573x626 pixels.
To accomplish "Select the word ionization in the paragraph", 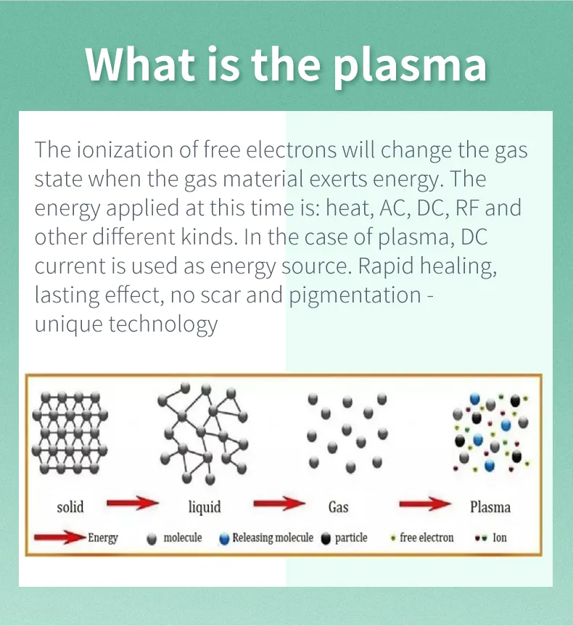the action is (125, 150).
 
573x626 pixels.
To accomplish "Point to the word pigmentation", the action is (355, 296).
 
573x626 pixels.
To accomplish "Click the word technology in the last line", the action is (163, 324).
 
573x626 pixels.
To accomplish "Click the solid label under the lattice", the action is (70, 507).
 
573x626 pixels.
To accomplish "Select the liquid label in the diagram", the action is (205, 507).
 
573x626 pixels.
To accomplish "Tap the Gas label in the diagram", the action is (338, 507).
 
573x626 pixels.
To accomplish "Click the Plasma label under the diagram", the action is (490, 507).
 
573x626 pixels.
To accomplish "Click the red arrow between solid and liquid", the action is (133, 503).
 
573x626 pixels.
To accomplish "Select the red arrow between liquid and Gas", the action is (279, 503).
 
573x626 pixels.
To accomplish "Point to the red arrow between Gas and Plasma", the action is (425, 504).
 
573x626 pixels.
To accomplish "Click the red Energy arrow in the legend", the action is (60, 538).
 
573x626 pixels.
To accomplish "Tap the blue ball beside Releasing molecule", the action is (224, 539).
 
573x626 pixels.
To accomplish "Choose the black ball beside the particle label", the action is (326, 539).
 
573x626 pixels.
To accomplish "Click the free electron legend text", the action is (426, 538).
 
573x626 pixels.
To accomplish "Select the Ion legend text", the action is (500, 538).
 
